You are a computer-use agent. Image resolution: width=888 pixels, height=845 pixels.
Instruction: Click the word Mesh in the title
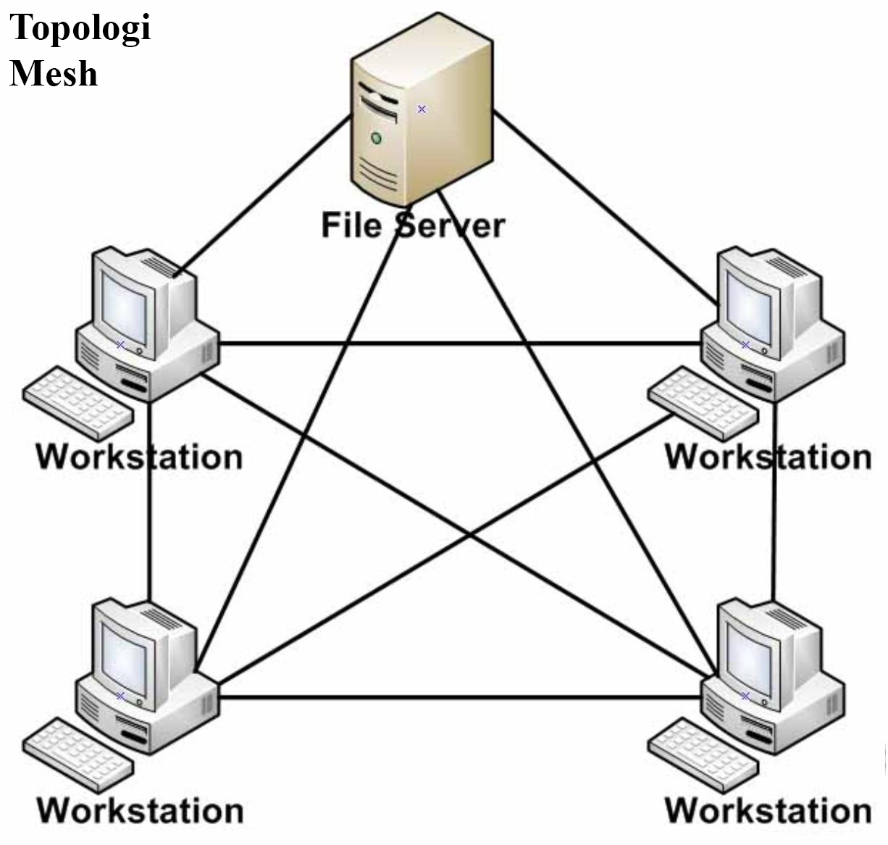pos(54,73)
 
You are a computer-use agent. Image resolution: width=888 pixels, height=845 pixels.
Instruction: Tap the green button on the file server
pos(376,138)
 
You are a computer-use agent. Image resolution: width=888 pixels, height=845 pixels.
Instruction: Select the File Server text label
pos(412,225)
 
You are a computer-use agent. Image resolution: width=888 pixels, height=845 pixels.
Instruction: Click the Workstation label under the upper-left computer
pos(139,457)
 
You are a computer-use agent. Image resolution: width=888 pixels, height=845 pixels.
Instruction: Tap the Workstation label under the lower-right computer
pos(768,810)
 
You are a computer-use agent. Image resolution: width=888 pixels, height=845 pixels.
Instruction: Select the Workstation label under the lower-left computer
pos(140,810)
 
